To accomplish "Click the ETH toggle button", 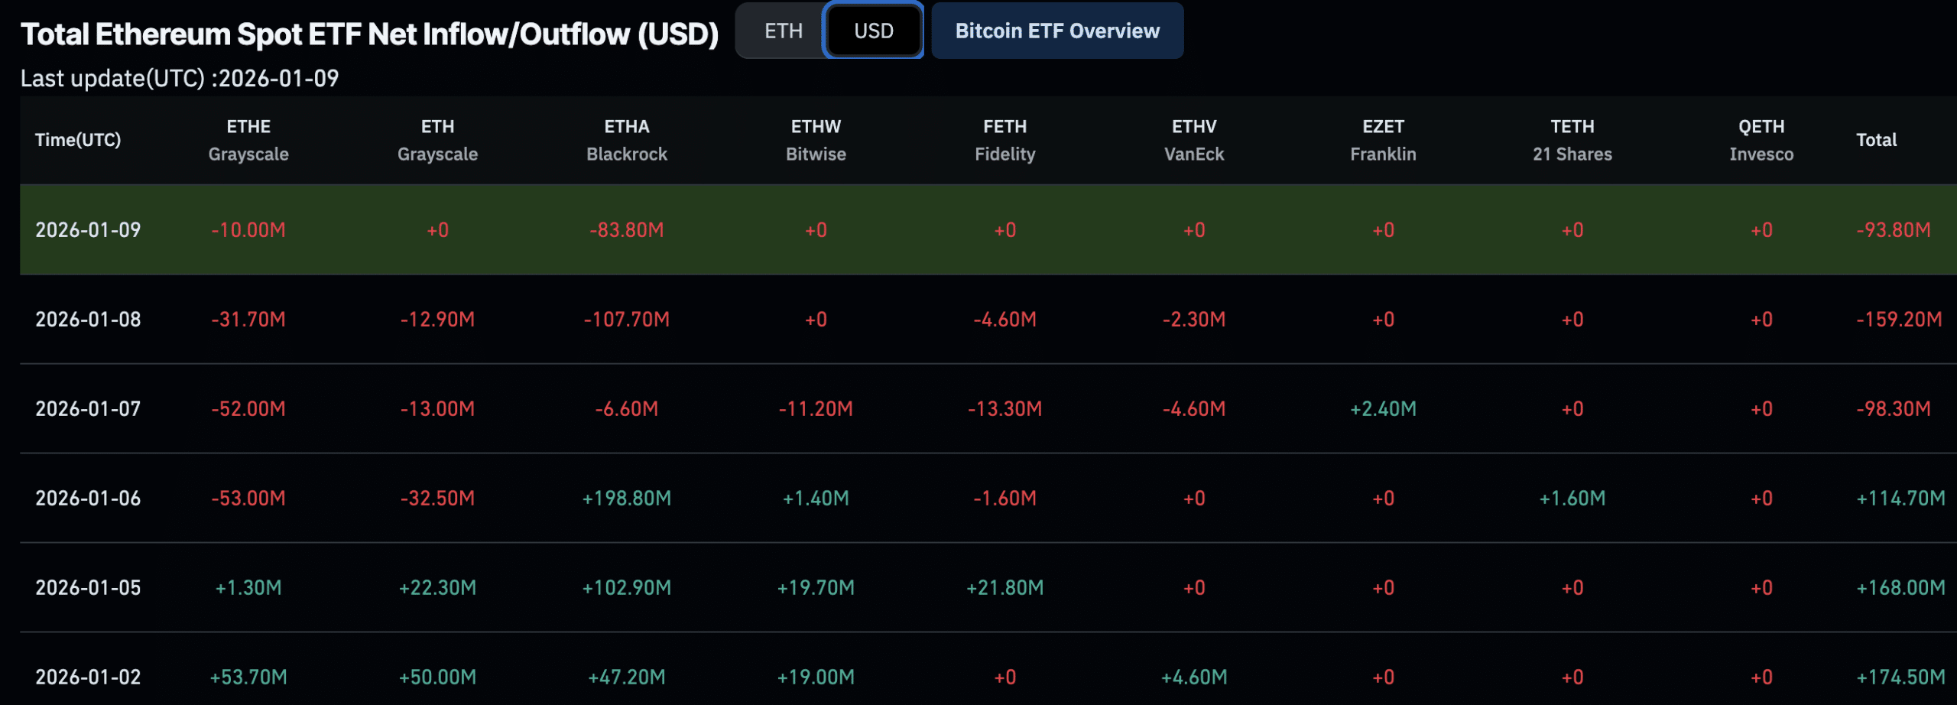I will [x=783, y=31].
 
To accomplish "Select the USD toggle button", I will [x=873, y=31].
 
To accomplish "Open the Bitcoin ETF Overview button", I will [x=1057, y=31].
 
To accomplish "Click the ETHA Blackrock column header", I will [x=626, y=140].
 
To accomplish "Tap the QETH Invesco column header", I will [x=1761, y=140].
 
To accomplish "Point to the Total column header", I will [x=1876, y=140].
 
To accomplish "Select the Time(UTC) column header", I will [x=78, y=140].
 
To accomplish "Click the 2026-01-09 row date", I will [x=88, y=230].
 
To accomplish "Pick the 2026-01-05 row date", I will [x=88, y=588].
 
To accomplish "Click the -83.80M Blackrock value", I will [x=626, y=230].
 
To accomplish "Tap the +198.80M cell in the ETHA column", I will [x=626, y=499].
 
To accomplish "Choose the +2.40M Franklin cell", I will [x=1383, y=409].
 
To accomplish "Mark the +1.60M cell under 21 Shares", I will [x=1572, y=499].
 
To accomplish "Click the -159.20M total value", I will [x=1899, y=320].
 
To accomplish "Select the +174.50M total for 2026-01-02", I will [x=1900, y=677].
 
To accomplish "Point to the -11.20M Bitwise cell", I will [x=816, y=409].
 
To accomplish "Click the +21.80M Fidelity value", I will [x=1004, y=588].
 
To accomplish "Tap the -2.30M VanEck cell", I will [x=1193, y=320].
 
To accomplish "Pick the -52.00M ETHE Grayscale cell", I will [x=248, y=409].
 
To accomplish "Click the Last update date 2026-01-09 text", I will [x=278, y=79].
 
